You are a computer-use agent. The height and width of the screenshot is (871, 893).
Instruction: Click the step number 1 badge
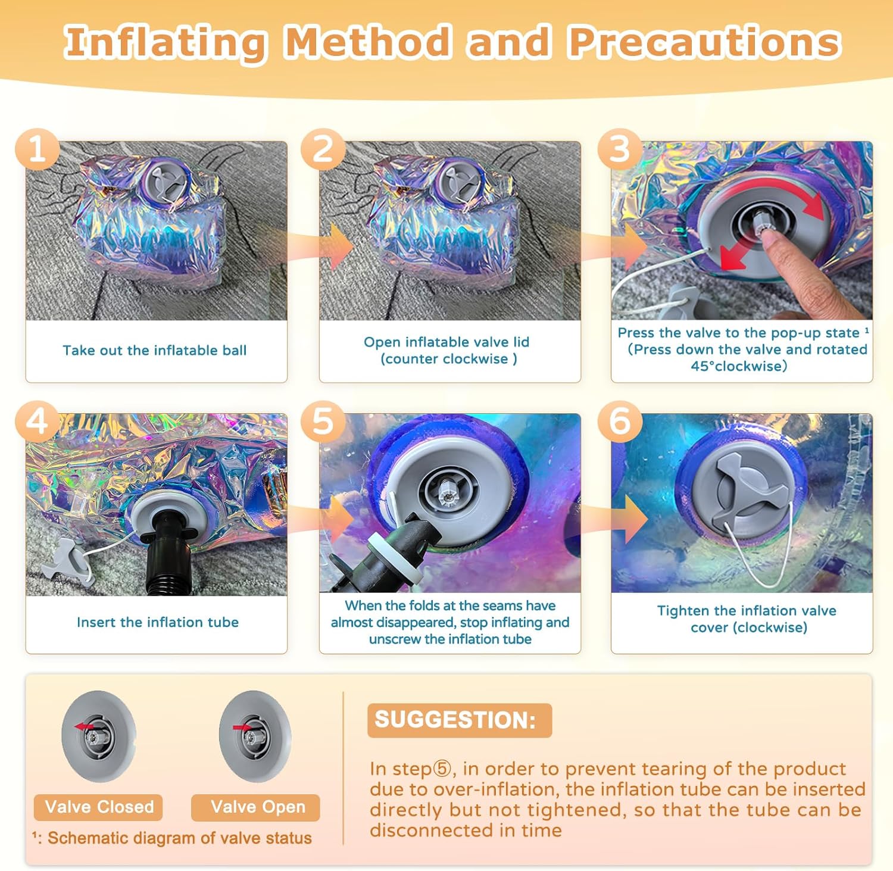pyautogui.click(x=37, y=149)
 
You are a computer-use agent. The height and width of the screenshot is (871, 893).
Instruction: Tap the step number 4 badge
pyautogui.click(x=37, y=422)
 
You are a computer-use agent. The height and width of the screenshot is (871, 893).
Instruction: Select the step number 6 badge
pyautogui.click(x=620, y=422)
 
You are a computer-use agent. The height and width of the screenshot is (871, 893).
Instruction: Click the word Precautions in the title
pyautogui.click(x=704, y=43)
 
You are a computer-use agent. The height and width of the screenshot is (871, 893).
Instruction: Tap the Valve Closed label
pyautogui.click(x=99, y=807)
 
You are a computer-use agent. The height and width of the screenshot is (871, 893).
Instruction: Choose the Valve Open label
pyautogui.click(x=256, y=807)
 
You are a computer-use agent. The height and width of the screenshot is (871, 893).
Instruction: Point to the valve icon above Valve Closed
pyautogui.click(x=98, y=736)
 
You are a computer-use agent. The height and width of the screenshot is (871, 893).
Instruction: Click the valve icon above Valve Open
pyautogui.click(x=255, y=736)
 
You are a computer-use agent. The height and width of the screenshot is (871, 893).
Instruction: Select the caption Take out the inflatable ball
pyautogui.click(x=155, y=350)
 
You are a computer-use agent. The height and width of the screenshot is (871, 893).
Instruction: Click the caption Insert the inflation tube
pyautogui.click(x=158, y=622)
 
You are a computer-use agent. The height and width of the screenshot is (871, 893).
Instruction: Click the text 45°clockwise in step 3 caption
pyautogui.click(x=739, y=366)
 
